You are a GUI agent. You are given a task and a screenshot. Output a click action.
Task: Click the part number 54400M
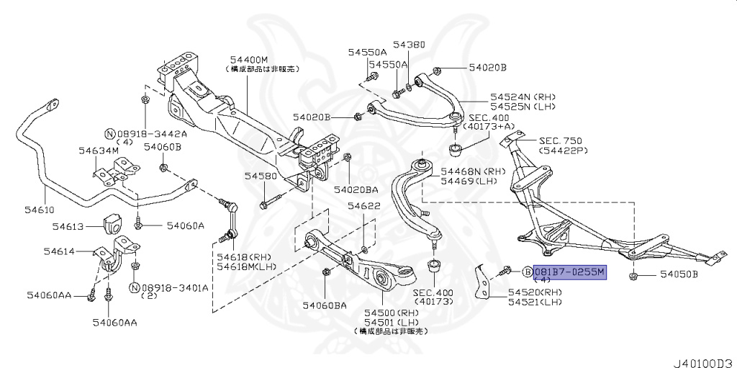tap(249, 59)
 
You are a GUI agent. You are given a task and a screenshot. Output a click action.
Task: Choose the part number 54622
tap(364, 206)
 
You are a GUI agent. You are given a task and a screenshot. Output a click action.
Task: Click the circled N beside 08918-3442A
tap(109, 133)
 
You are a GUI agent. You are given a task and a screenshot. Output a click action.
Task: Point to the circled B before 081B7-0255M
tap(526, 271)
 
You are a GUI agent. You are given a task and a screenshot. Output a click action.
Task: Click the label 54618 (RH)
tap(237, 257)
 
